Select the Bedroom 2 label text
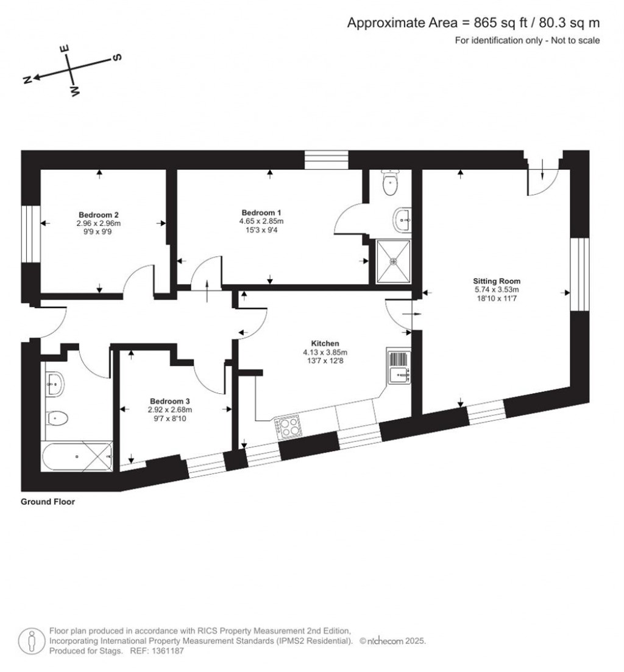coord(98,215)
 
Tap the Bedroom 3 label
coord(170,401)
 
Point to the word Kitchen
coord(325,343)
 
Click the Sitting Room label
coord(497,281)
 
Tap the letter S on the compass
coord(116,57)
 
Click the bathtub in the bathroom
coord(77,456)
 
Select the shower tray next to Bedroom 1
coord(394,261)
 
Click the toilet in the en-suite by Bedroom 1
coord(389,183)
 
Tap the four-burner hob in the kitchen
coord(288,426)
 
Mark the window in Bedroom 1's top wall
coord(327,160)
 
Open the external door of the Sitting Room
coord(542,177)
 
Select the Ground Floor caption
coord(48,502)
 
